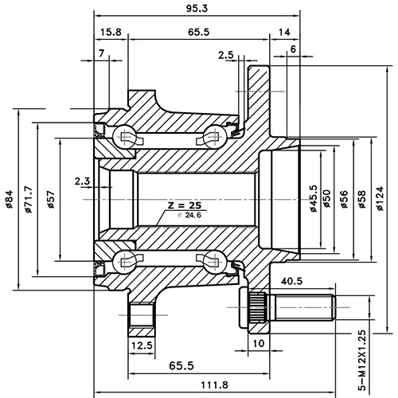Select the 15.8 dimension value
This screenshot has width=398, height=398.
111,32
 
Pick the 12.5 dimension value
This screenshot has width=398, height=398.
142,345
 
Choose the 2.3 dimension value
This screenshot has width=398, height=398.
82,181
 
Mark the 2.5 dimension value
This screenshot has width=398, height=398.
225,55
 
